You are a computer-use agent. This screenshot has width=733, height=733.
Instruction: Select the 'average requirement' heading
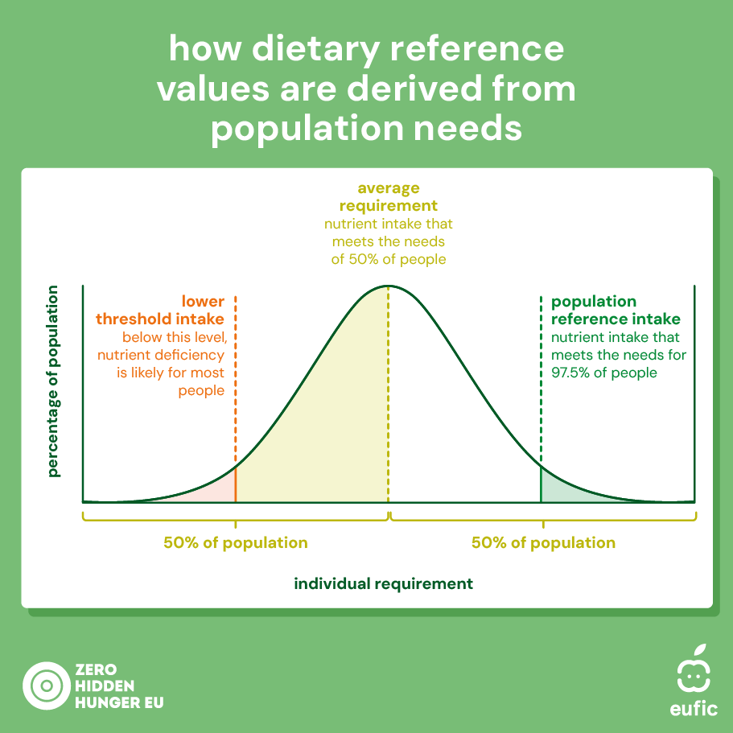[x=389, y=197]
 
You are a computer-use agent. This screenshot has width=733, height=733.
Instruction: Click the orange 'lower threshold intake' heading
[x=171, y=311]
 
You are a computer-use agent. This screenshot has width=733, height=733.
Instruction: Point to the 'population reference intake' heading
[x=615, y=311]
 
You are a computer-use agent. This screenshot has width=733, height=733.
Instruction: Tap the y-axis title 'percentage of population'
[x=54, y=381]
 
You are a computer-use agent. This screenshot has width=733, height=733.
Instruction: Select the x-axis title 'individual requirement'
[x=383, y=583]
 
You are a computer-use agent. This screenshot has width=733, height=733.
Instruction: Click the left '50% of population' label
[x=235, y=542]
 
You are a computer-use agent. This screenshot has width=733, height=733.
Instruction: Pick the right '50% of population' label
[x=543, y=542]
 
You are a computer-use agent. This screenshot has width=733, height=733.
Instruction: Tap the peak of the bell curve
[x=388, y=286]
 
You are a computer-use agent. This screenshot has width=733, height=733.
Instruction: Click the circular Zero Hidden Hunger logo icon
[x=46, y=686]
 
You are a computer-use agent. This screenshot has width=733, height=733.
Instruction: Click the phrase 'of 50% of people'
[x=389, y=259]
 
